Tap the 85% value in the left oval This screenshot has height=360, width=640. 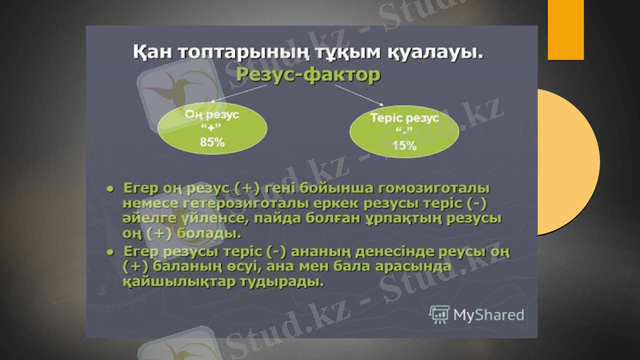pos(212,142)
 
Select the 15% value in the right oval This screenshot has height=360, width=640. pos(404,145)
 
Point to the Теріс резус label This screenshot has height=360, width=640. pos(404,118)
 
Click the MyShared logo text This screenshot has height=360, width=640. pos(488,314)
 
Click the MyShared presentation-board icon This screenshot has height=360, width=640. pos(438,314)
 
